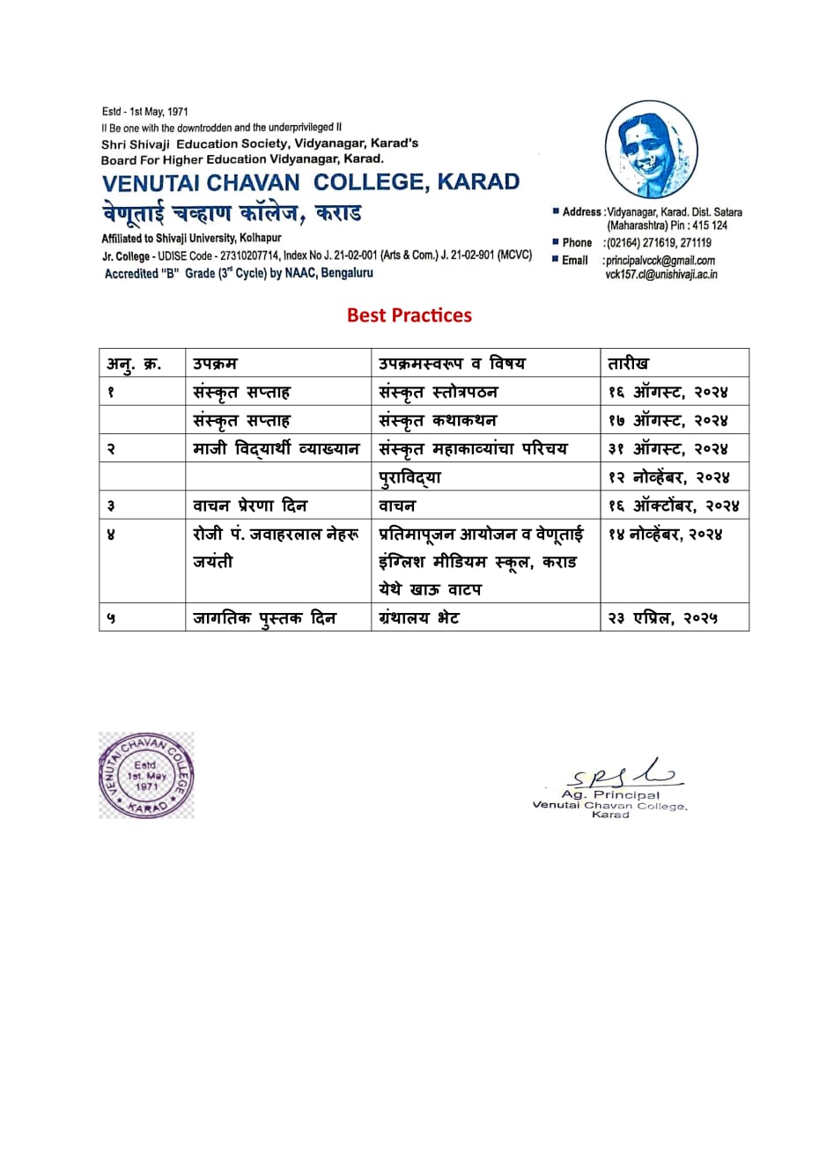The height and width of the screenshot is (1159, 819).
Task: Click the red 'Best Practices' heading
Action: pos(409,315)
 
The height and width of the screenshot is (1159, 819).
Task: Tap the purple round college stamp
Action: pos(146,775)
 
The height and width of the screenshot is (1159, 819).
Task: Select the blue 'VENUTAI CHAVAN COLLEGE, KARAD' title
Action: pos(311,182)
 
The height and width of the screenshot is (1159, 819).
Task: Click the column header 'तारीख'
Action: pos(629,363)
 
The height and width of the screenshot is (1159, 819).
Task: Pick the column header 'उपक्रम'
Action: pos(215,363)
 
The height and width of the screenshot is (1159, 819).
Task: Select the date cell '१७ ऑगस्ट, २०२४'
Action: pos(668,421)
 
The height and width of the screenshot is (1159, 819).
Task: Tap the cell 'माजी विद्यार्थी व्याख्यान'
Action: pos(277,449)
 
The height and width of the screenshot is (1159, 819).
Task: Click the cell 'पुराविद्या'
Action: pos(409,477)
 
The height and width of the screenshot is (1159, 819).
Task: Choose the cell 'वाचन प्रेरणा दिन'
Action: pos(250,506)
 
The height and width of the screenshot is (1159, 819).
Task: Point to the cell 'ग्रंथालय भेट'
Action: pos(419,618)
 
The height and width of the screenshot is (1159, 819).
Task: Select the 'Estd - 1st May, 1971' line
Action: pos(145,112)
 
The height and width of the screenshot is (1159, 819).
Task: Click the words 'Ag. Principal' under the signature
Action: pos(610,795)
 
